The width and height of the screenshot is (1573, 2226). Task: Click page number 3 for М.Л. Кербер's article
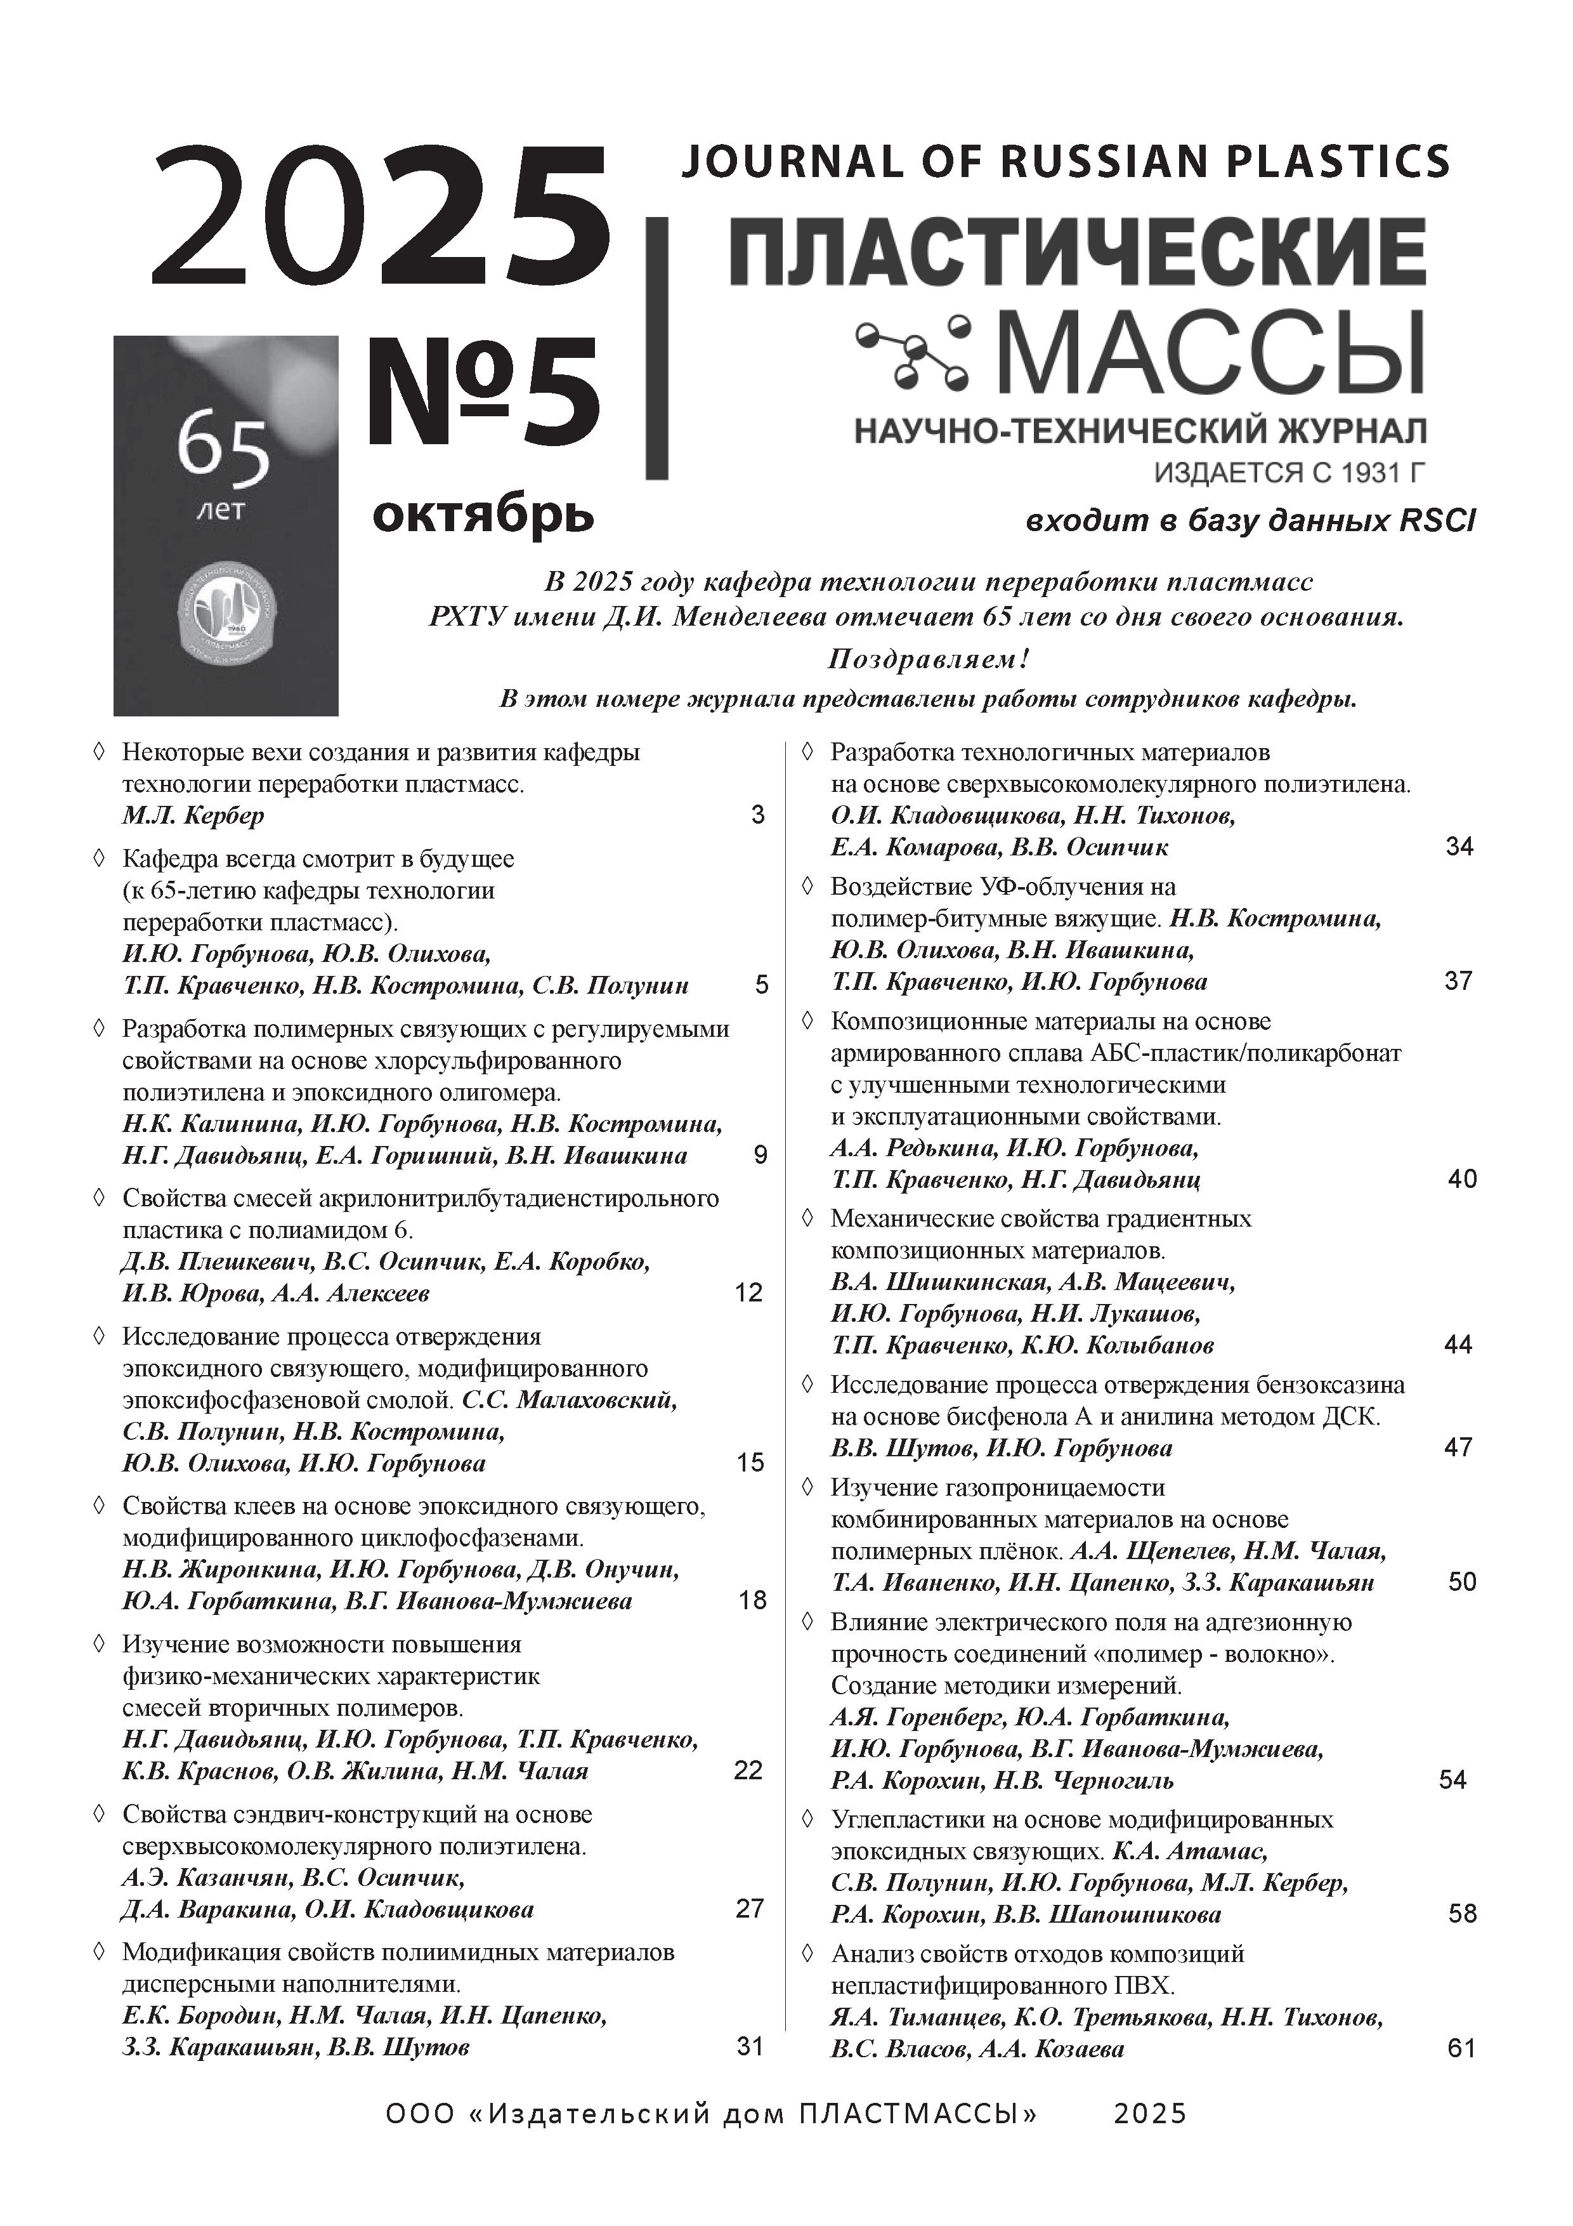coord(758,814)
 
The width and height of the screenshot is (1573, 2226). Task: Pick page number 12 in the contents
coord(749,1293)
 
